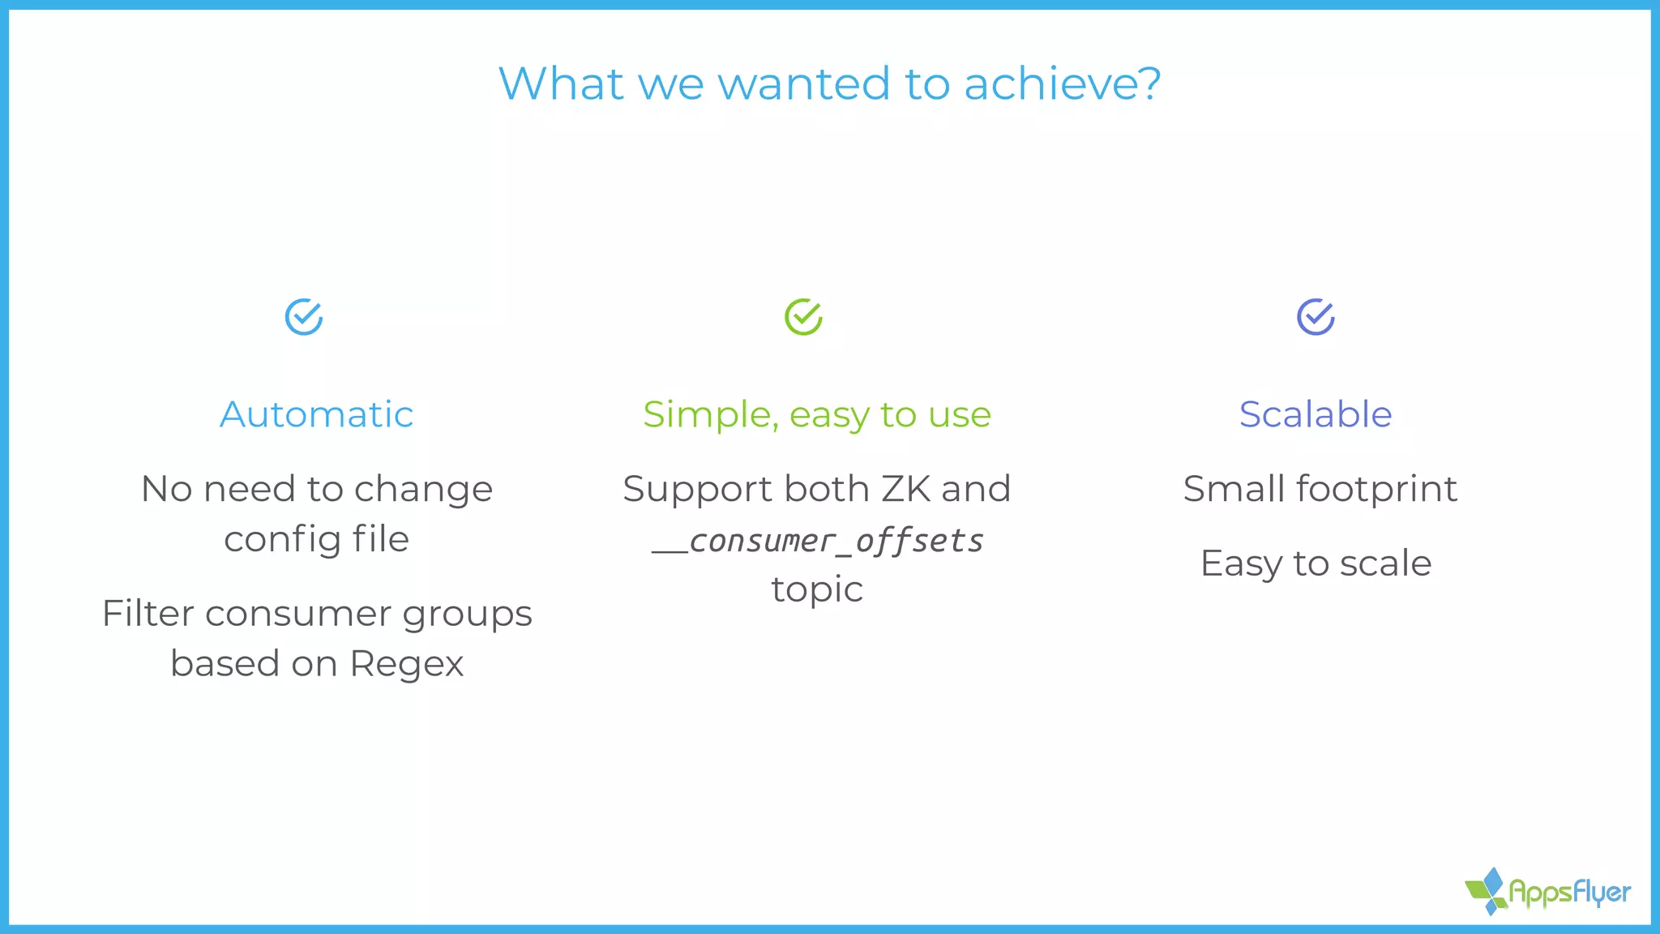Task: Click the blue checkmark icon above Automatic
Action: coord(304,317)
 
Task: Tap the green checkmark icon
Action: coord(803,317)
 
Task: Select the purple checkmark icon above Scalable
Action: coord(1316,317)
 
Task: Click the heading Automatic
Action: coord(316,414)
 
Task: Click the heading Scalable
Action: coord(1316,414)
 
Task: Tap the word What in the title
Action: coord(561,84)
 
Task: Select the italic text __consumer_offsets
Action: coord(819,541)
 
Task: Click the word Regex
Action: coord(407,664)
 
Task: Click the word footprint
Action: coord(1376,490)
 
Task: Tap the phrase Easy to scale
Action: coord(1316,563)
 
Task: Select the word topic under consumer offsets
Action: coord(817,589)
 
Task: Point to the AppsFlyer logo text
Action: coord(1569,893)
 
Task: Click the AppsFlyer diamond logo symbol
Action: coord(1487,891)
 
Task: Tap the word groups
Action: coord(467,615)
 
